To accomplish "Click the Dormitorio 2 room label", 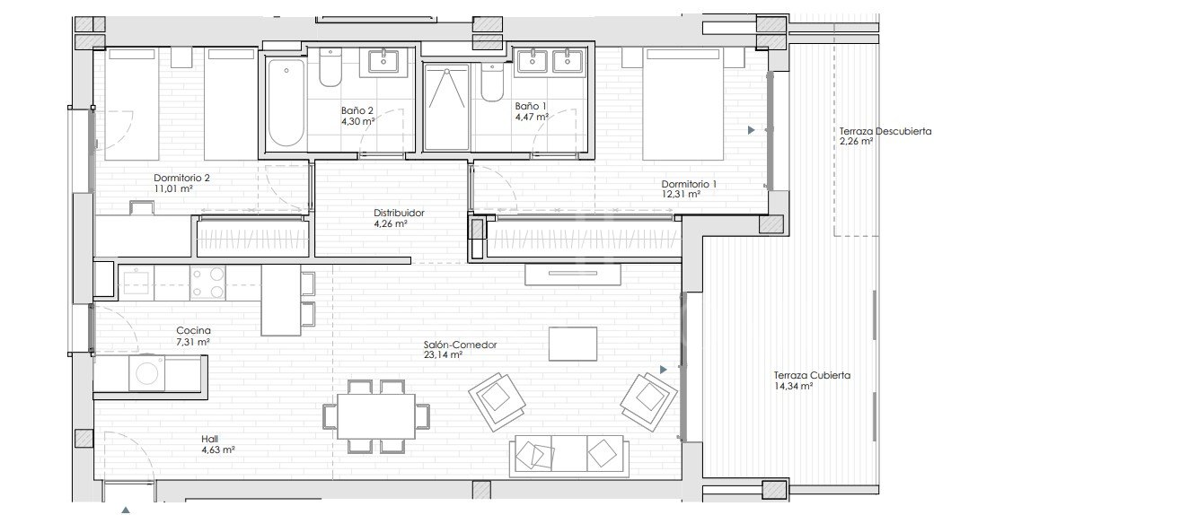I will (181, 178).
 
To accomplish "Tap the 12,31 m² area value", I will (682, 194).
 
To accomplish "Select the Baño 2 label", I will (357, 110).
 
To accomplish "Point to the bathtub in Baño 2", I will (286, 103).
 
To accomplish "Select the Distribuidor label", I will (399, 214).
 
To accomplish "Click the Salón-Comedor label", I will (461, 344).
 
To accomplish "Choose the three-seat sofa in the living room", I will (567, 455).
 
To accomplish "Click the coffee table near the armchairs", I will (573, 344).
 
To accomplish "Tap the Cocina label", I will (193, 331).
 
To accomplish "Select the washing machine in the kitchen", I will (146, 373).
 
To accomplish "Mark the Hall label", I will (211, 439).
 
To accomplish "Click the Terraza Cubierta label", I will (812, 376).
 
